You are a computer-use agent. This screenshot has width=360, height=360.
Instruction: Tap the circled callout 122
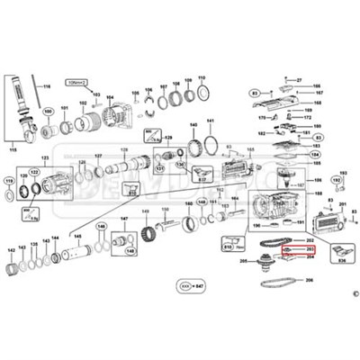pos(35,170)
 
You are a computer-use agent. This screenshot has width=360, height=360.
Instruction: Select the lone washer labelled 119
pos(11,193)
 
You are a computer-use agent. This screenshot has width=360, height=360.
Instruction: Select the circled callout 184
pos(316,154)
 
